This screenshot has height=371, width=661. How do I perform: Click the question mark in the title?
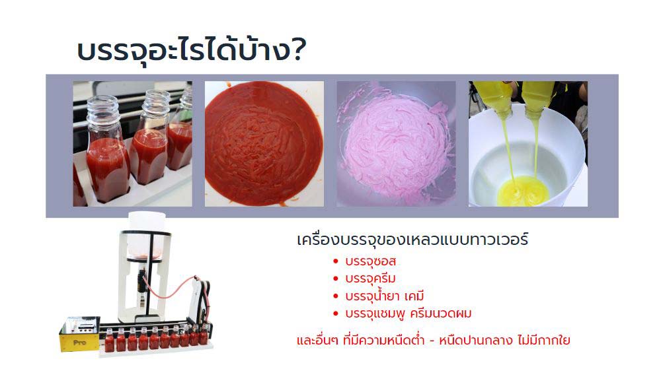point(299,50)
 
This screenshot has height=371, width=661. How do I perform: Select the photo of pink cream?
point(396,144)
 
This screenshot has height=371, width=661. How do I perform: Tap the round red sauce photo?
point(264,144)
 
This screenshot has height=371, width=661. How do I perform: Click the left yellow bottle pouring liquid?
point(493,98)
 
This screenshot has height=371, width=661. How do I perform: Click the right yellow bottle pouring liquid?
point(537,98)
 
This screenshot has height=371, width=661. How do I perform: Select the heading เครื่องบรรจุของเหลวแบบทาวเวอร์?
point(412,240)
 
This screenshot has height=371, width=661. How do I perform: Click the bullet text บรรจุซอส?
point(371,261)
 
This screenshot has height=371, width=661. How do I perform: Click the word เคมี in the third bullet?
point(414,296)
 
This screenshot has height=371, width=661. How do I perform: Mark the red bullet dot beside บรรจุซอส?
point(336,261)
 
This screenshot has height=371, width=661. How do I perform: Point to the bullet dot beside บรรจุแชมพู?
point(336,314)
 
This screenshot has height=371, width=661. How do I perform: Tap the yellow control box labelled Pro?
point(79,334)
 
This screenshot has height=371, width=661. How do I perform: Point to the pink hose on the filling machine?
point(171,288)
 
